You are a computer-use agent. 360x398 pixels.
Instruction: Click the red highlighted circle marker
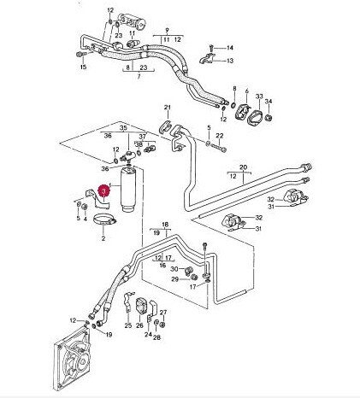[103, 191]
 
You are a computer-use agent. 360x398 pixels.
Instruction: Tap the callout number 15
[83, 67]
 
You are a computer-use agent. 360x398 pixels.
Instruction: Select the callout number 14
[230, 48]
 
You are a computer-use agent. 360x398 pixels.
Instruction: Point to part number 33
[259, 97]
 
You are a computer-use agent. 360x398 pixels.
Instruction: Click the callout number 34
[269, 102]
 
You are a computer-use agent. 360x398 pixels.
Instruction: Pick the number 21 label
[168, 108]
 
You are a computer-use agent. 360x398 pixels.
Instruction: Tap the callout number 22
[220, 136]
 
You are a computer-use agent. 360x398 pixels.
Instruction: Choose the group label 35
[123, 128]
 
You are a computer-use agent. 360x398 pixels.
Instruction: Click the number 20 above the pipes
[244, 167]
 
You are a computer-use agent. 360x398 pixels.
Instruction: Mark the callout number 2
[103, 238]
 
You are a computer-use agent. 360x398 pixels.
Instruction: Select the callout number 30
[174, 269]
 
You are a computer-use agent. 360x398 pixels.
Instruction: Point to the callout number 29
[174, 279]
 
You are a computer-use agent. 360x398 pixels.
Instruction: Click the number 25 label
[128, 325]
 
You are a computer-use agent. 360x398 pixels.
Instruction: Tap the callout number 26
[139, 325]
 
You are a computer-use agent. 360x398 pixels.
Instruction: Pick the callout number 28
[156, 337]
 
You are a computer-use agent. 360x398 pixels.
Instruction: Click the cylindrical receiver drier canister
[129, 190]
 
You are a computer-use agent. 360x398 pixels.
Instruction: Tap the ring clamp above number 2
[104, 219]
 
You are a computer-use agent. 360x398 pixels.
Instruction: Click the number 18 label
[165, 225]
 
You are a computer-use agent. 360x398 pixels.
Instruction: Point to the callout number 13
[230, 61]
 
